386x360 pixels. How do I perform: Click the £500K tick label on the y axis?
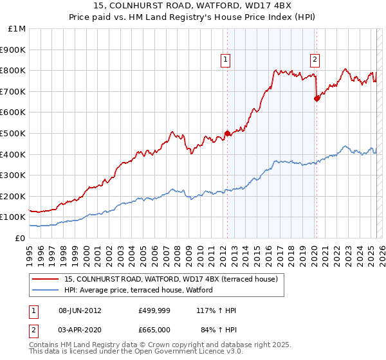12,133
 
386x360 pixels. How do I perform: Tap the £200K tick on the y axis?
12,196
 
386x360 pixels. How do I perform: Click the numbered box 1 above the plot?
226,60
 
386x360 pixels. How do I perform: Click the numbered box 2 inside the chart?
315,60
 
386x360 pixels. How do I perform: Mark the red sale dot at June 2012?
227,134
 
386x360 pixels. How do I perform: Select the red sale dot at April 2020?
316,98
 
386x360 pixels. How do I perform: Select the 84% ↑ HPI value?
219,329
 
